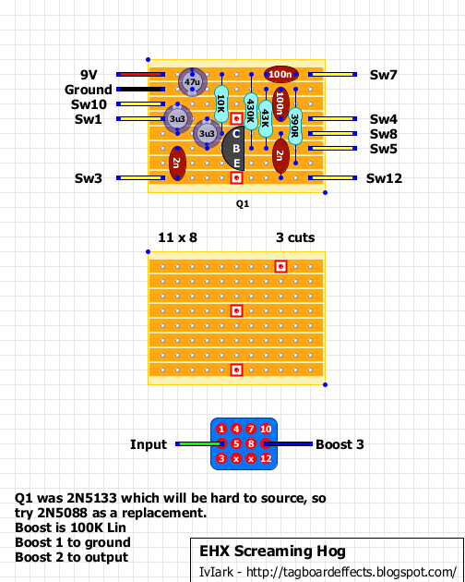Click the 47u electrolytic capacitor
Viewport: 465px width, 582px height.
[x=192, y=82]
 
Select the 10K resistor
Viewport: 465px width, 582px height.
[x=221, y=103]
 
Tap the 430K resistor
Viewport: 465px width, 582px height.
[x=251, y=111]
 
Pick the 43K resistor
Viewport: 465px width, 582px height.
[x=266, y=118]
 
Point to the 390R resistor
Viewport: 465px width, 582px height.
[x=295, y=126]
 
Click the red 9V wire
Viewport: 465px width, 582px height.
[x=140, y=75]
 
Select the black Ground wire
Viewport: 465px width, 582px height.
[x=140, y=90]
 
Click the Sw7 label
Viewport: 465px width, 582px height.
[x=384, y=75]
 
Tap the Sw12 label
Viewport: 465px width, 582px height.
[x=384, y=178]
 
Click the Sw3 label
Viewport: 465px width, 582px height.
[x=89, y=178]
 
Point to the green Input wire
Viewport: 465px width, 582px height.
[x=199, y=444]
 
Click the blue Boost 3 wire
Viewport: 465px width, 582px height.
[x=289, y=444]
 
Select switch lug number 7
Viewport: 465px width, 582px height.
[x=251, y=429]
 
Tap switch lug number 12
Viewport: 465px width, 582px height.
[x=266, y=459]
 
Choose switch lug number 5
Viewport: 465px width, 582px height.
[x=236, y=444]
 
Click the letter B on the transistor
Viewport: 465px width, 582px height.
[x=236, y=149]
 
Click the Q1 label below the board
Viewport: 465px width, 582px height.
[x=243, y=204]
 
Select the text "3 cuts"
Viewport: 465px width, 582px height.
[x=295, y=237]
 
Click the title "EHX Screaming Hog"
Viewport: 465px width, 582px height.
[x=272, y=552]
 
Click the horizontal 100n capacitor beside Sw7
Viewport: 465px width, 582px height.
[x=280, y=75]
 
